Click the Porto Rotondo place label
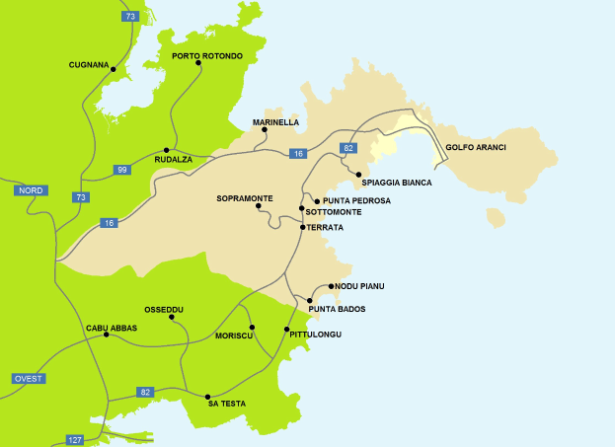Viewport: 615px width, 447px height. (206, 56)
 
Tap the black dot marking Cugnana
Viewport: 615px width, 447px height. (114, 69)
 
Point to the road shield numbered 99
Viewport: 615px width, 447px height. (121, 170)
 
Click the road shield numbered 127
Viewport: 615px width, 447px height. (75, 438)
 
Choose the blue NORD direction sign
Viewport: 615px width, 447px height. (31, 189)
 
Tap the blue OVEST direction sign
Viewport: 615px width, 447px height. (29, 379)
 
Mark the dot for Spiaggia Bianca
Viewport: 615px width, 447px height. (358, 174)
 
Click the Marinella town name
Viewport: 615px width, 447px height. (275, 122)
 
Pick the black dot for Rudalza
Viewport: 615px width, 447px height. (166, 150)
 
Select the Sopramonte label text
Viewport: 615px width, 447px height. (244, 198)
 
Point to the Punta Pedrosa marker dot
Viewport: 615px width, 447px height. (316, 200)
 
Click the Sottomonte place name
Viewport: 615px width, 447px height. (334, 212)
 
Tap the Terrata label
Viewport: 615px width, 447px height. (325, 228)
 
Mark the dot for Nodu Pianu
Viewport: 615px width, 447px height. (331, 286)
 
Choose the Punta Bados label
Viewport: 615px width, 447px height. (337, 310)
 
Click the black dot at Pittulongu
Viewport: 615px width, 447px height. (287, 329)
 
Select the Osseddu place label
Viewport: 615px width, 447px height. (164, 309)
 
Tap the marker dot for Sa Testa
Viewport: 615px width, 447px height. (207, 396)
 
